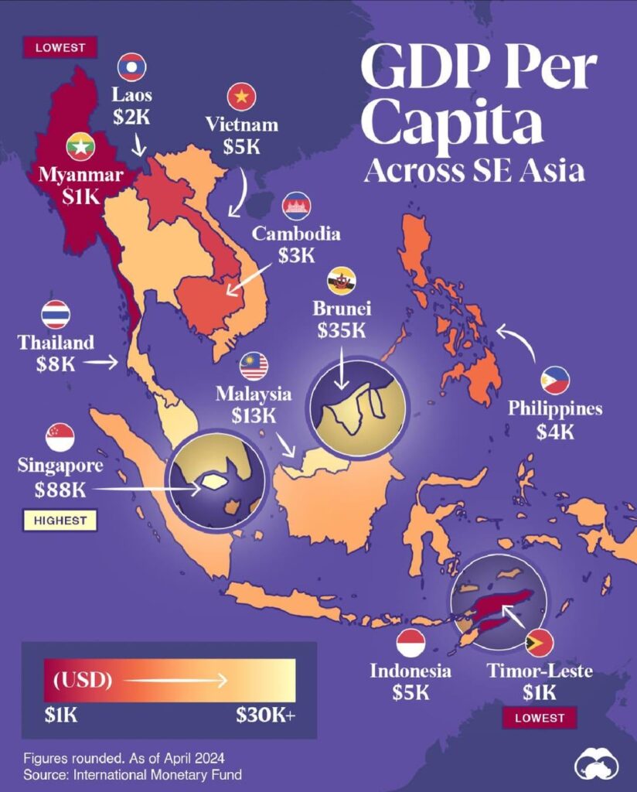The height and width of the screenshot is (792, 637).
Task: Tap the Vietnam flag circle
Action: [241, 97]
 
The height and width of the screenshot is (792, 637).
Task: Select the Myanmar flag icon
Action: [80, 146]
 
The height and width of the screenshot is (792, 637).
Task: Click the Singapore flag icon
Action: [60, 438]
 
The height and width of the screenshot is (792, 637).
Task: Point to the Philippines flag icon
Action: [555, 380]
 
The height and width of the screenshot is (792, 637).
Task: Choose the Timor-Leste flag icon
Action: [538, 643]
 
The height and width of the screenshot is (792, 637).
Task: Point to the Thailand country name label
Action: [56, 342]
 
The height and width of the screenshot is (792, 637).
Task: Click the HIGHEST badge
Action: [60, 521]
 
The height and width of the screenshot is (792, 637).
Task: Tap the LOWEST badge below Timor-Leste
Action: [540, 718]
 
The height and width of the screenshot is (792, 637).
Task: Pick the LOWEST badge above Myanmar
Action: [60, 47]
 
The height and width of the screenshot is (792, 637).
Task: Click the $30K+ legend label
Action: [265, 715]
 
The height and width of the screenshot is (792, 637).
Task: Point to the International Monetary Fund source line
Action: [132, 773]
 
